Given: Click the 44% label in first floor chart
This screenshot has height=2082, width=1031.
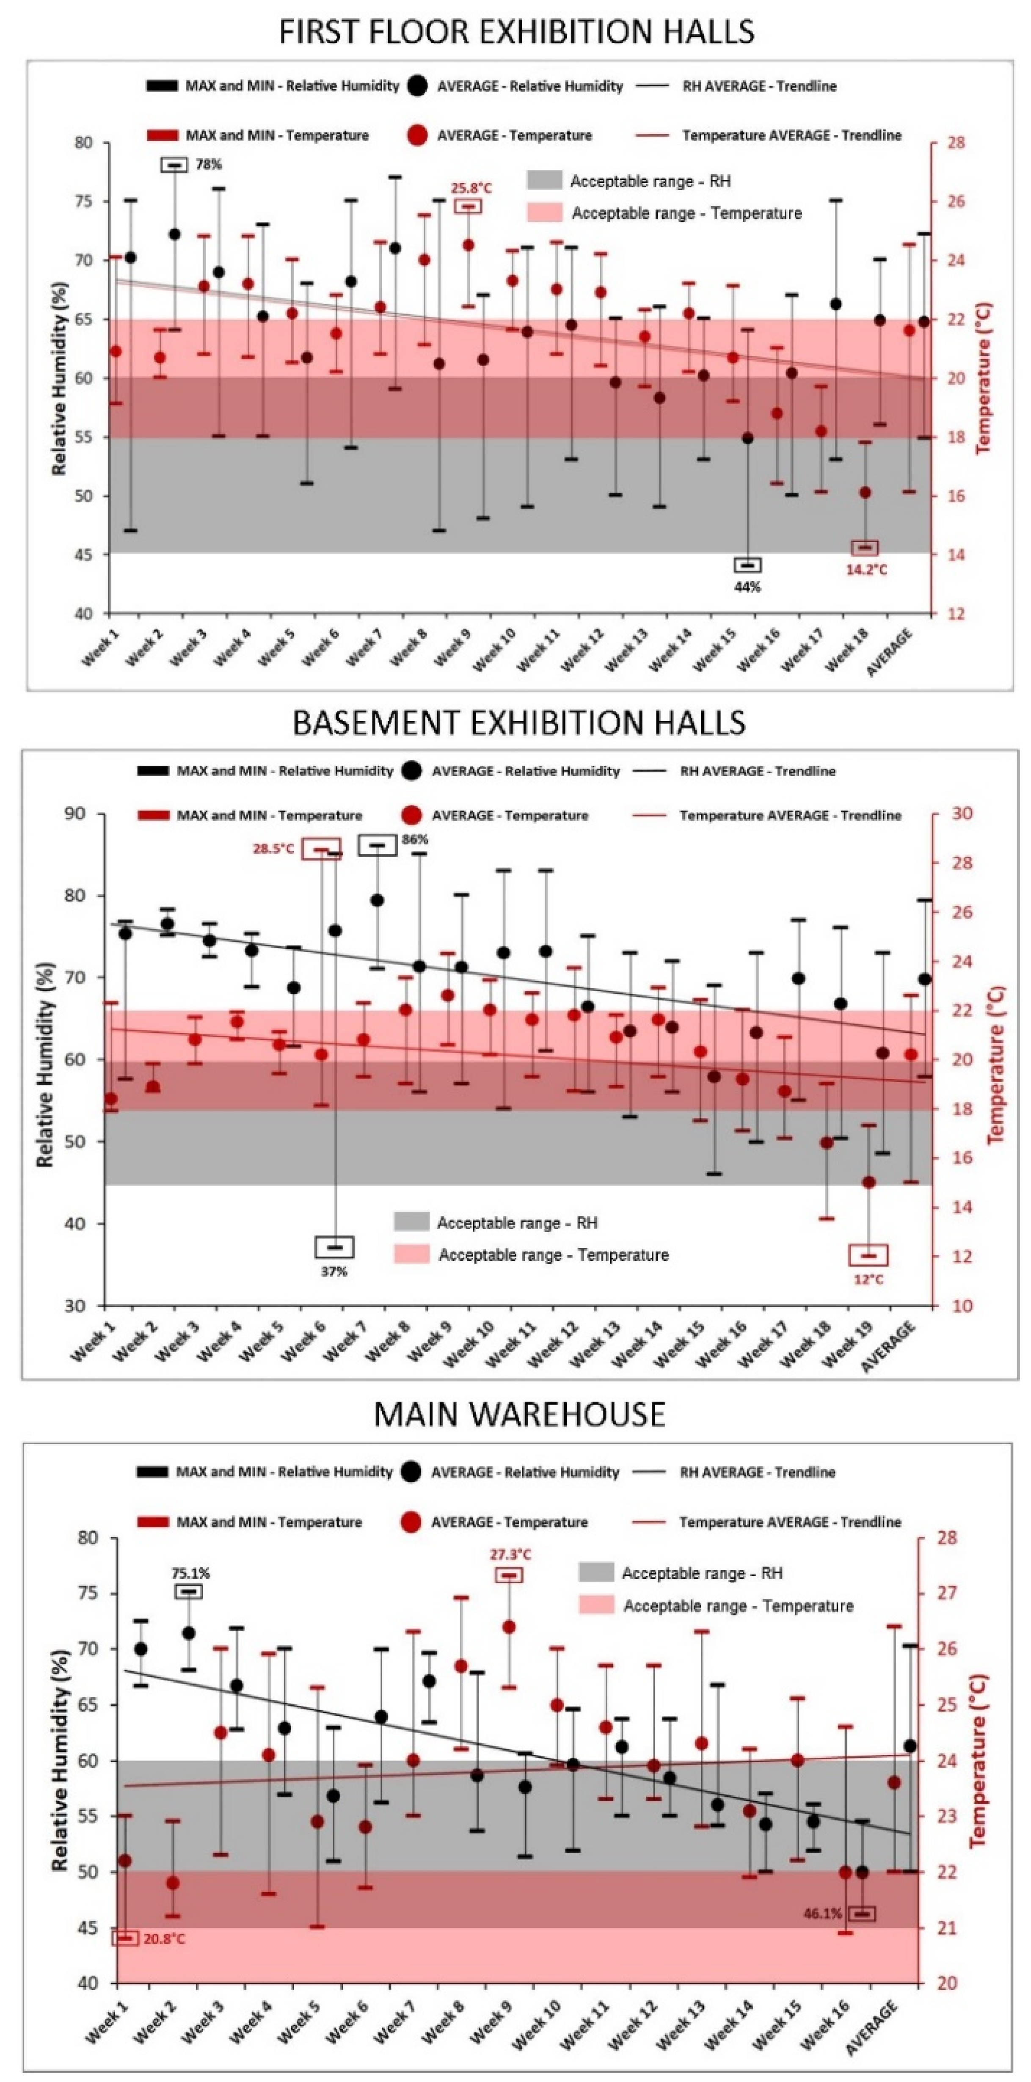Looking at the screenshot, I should (x=747, y=587).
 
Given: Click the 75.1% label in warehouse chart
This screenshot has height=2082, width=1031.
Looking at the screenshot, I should (x=191, y=1572).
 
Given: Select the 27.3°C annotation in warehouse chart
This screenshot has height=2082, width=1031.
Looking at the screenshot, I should (x=510, y=1553).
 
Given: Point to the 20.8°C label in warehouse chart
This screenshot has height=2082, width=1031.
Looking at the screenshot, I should (x=164, y=1939).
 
